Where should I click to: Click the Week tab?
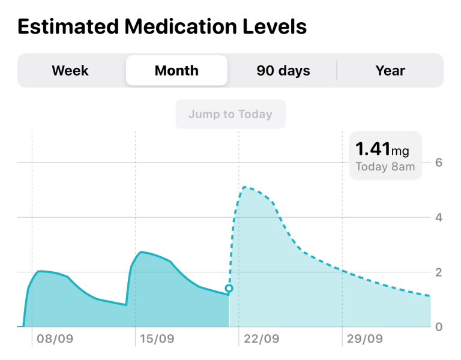point(70,71)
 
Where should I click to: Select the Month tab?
point(176,71)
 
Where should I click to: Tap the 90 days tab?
point(283,71)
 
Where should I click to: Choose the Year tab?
point(390,71)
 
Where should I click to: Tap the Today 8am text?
point(385,167)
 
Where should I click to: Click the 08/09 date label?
point(55,339)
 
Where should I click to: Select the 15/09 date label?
point(157,339)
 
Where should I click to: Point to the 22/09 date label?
point(261,339)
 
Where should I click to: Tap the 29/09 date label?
point(365,339)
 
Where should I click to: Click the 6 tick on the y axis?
point(439,163)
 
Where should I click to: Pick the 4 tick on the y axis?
point(439,217)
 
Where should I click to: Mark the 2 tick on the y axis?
point(439,272)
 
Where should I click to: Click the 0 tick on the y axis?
point(439,327)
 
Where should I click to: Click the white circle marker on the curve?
point(229,289)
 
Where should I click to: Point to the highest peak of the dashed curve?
point(244,187)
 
